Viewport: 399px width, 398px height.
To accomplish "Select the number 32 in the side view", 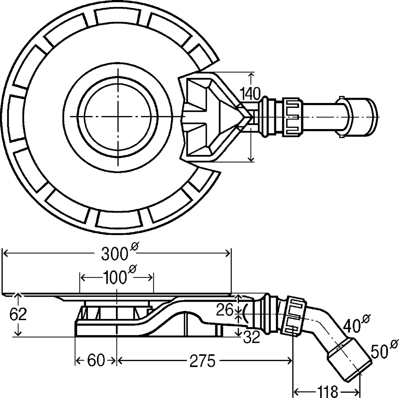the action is [x=252, y=338].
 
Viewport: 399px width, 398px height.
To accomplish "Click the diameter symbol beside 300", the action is [x=134, y=247].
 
